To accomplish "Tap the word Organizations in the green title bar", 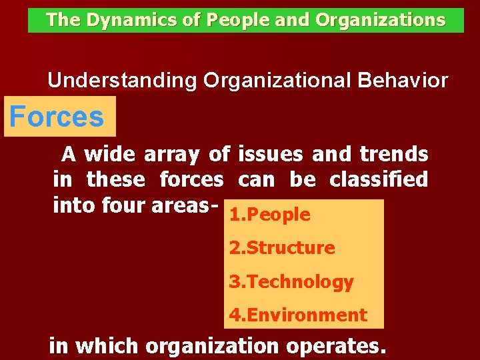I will point(380,21).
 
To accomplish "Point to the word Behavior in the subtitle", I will point(403,81).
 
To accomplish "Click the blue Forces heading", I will point(57,117).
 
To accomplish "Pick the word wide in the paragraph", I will point(110,155).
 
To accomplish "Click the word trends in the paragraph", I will point(393,155).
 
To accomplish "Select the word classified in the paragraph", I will point(379,179).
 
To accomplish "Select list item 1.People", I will point(270,215).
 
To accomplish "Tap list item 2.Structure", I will point(282,248).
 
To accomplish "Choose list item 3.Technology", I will point(291,282).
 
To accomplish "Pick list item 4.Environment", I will point(298,315).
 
